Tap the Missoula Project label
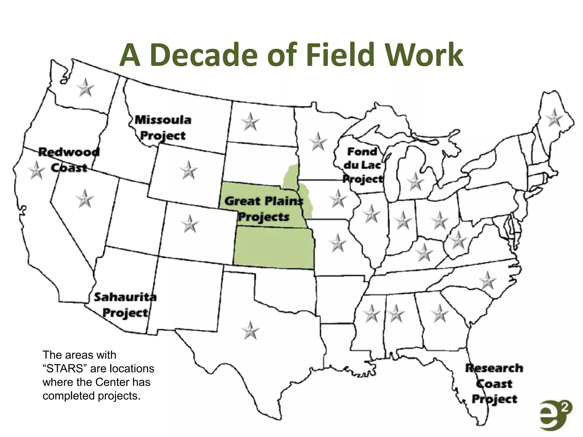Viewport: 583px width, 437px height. [x=163, y=127]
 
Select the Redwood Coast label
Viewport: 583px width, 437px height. [x=69, y=160]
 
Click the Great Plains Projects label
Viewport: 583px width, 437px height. [x=264, y=209]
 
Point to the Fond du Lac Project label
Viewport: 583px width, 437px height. [x=362, y=165]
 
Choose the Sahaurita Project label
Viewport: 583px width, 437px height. [x=125, y=305]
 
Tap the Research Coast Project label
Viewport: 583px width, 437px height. [x=494, y=383]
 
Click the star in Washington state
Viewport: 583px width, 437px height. [x=85, y=88]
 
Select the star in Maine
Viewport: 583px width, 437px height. [x=554, y=118]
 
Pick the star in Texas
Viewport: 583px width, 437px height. [x=250, y=331]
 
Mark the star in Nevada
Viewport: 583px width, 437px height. [x=85, y=199]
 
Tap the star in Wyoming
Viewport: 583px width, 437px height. [x=188, y=171]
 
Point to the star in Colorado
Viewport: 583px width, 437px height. [x=190, y=224]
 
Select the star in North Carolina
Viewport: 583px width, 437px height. [x=488, y=281]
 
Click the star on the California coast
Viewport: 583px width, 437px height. [x=36, y=171]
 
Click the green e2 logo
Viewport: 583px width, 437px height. [x=555, y=415]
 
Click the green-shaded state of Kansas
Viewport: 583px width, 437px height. [x=273, y=248]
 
